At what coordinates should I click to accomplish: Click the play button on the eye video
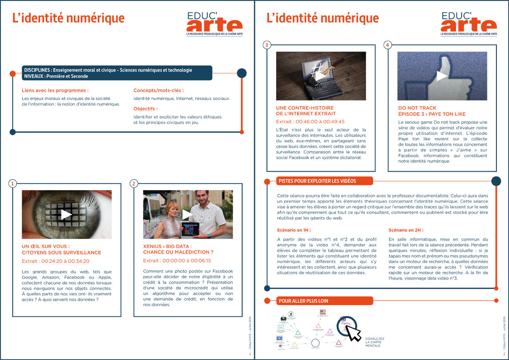66,214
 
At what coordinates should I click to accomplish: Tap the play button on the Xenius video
187,214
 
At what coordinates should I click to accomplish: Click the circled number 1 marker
13,184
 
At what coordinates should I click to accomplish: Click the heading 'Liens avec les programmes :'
55,91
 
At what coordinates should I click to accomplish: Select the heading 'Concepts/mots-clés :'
158,91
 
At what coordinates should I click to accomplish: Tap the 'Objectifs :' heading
145,109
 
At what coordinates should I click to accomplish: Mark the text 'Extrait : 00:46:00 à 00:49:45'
310,122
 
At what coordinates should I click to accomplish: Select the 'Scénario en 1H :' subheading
294,230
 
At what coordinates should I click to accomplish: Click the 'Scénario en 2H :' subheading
405,230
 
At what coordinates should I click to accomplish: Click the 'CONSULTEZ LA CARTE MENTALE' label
374,342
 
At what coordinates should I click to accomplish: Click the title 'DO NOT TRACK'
417,108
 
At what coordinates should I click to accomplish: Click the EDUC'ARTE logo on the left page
214,24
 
